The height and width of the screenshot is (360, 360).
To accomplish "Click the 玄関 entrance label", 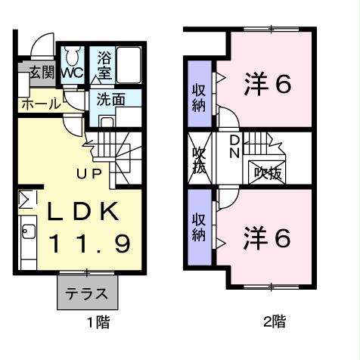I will (41, 73).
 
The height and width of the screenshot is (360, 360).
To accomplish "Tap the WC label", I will (73, 73).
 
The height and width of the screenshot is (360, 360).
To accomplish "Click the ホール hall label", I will (37, 104).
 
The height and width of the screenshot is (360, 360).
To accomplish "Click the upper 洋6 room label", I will (267, 83).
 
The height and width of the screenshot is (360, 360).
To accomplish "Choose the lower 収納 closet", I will (199, 226).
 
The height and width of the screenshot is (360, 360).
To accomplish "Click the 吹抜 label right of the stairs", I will (267, 172).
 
